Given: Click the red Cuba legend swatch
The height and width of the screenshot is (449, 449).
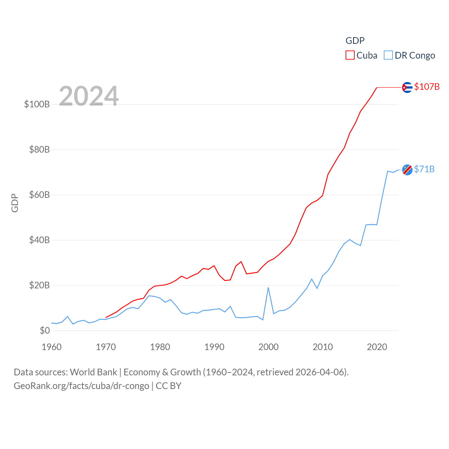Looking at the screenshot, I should point(350,55).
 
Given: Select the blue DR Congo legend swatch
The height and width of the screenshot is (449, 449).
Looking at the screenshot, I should point(388,55).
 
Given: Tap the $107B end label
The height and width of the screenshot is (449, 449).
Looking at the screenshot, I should point(427,87).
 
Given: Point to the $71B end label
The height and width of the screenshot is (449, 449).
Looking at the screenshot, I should point(424,169).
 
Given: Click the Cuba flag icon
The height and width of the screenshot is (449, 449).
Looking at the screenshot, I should point(407,87).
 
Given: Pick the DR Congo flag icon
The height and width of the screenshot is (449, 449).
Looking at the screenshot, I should point(407,170).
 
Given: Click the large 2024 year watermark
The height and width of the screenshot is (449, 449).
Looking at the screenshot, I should point(89,96).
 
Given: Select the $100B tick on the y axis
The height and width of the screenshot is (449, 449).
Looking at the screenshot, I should point(37,104).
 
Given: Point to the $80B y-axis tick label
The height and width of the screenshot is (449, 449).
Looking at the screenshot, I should point(39,149).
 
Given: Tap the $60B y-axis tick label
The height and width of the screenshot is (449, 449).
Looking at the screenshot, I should point(39,195).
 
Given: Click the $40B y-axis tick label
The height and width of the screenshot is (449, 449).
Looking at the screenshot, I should point(39,240).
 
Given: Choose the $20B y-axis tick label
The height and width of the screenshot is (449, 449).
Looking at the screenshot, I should point(39,285).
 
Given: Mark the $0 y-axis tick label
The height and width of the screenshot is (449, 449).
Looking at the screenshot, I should point(45,330).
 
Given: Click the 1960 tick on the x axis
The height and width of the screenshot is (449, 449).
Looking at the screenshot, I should point(52,347).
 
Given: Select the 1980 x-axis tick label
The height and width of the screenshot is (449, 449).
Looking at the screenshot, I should point(160,347).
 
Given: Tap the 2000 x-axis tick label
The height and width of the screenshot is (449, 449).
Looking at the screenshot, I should point(268,347).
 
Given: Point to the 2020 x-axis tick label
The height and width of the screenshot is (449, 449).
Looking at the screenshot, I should point(377,347).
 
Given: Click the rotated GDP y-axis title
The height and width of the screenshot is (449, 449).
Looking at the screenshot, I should point(15,203).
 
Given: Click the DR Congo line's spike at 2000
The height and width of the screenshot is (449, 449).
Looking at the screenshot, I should point(268,288).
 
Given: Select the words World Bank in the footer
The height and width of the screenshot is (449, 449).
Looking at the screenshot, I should point(93,372).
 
